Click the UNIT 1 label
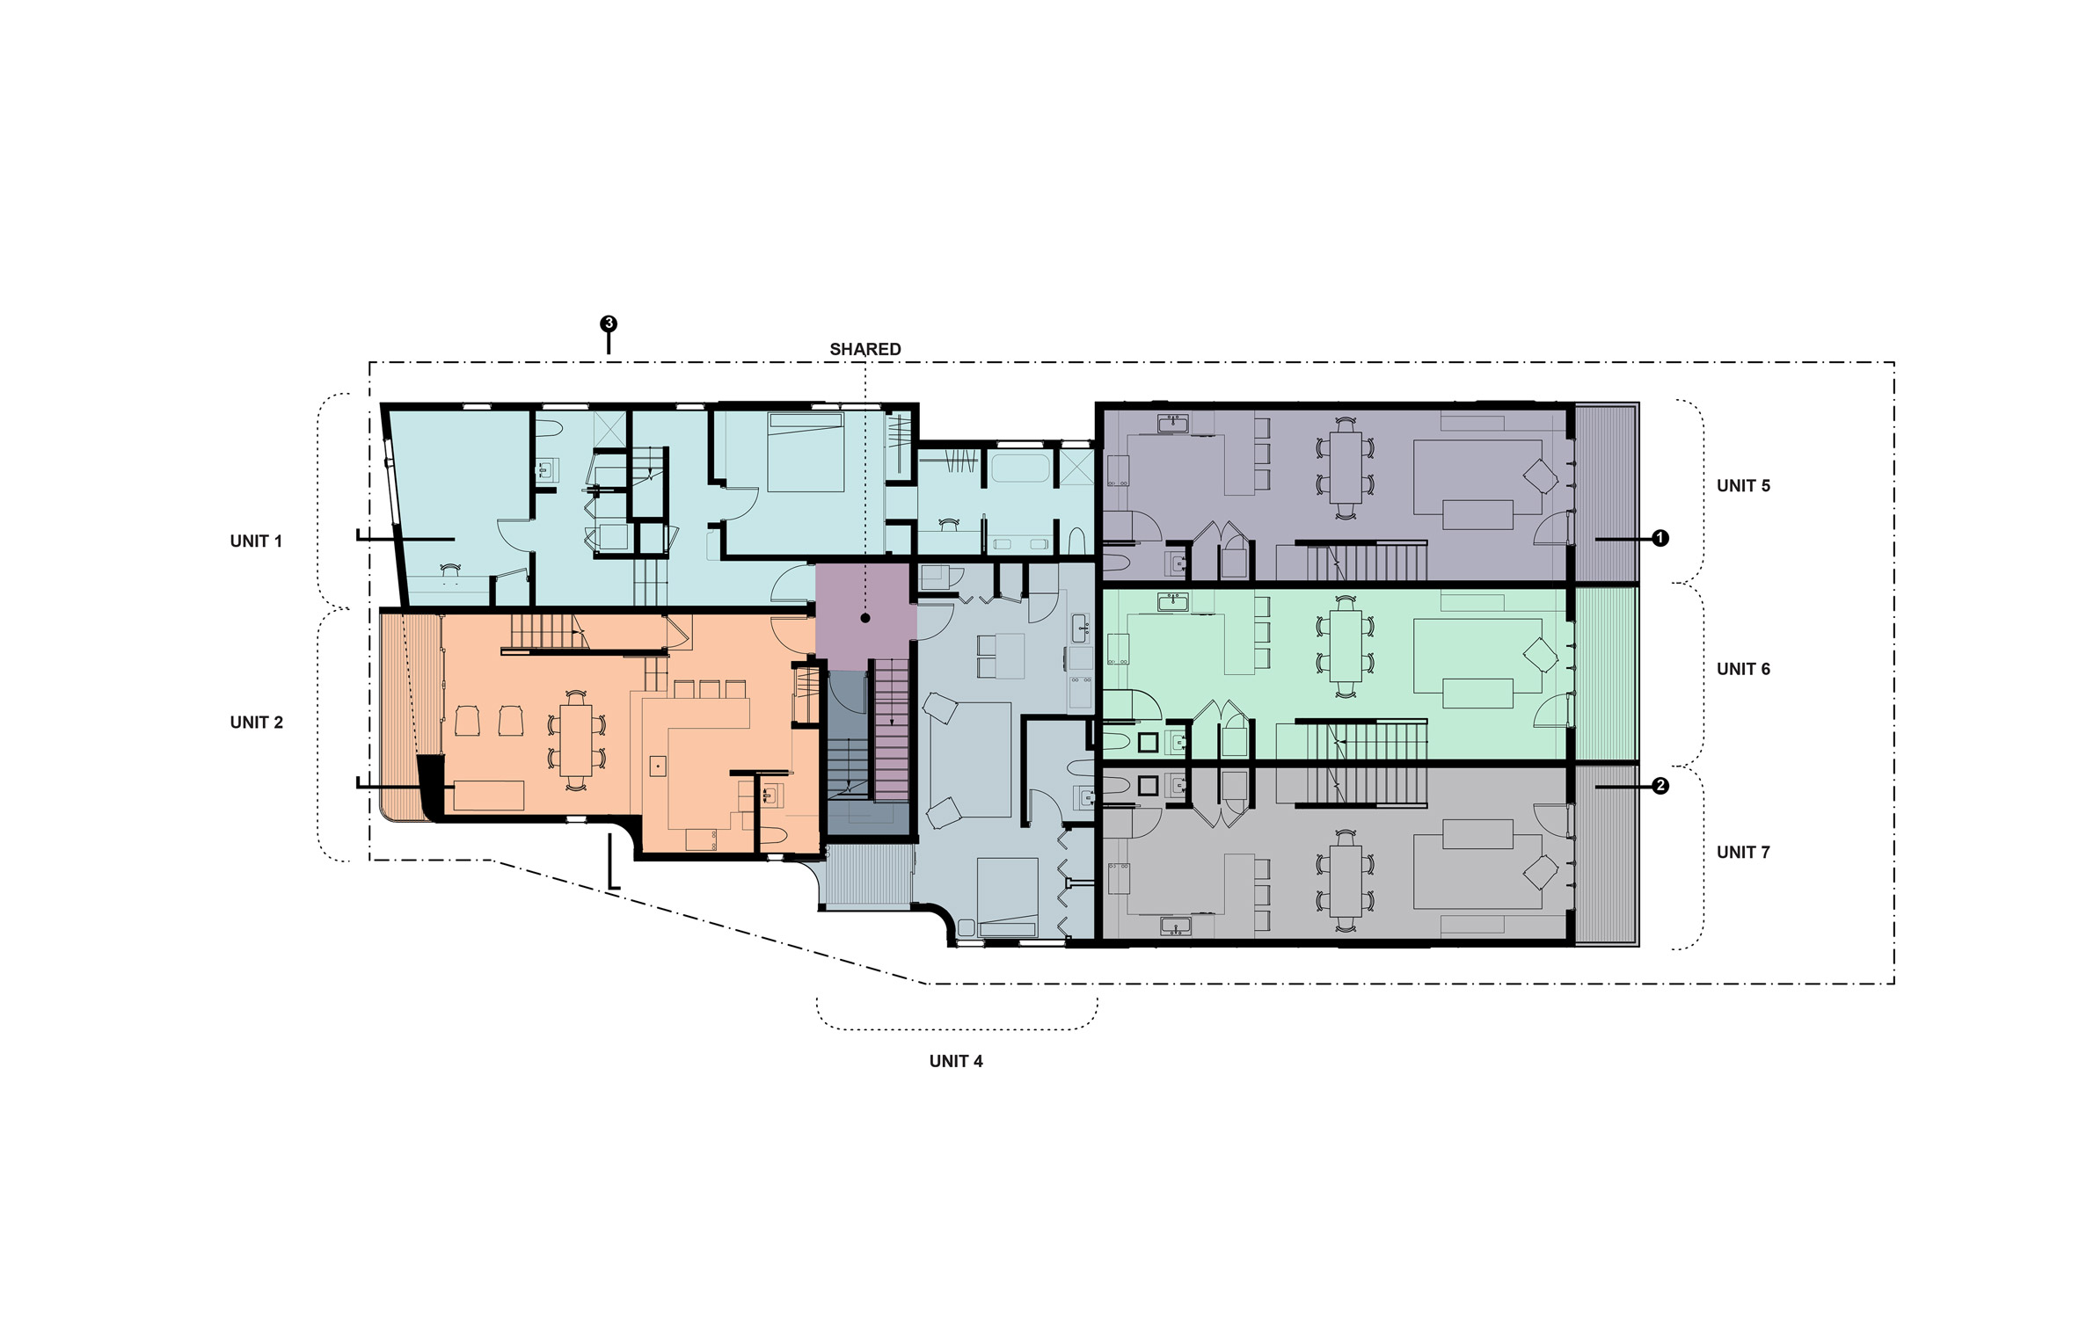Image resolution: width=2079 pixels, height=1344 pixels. [256, 541]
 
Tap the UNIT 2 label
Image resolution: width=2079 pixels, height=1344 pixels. [256, 723]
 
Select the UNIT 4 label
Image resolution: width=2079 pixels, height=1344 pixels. [956, 1061]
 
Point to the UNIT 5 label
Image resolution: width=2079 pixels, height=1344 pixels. [1743, 486]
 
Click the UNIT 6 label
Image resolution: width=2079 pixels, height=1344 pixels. [1743, 669]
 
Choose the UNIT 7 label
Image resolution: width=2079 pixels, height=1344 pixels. [1743, 852]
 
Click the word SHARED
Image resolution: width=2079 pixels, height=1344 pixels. [865, 349]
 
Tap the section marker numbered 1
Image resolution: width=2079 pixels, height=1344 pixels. [1660, 538]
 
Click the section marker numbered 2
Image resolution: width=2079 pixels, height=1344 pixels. [1660, 786]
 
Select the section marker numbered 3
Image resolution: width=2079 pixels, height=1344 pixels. [608, 323]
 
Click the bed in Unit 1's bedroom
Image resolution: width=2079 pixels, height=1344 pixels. [806, 452]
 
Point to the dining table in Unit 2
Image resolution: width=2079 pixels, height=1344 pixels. [577, 740]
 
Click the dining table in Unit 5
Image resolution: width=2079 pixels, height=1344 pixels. [1346, 467]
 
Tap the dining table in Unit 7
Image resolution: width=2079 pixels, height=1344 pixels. [1346, 881]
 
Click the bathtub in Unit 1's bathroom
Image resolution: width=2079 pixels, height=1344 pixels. [1020, 467]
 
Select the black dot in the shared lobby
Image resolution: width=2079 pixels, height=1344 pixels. [865, 618]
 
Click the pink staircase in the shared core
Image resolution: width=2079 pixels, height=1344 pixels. [892, 730]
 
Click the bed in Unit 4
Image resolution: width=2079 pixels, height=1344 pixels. [1008, 897]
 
